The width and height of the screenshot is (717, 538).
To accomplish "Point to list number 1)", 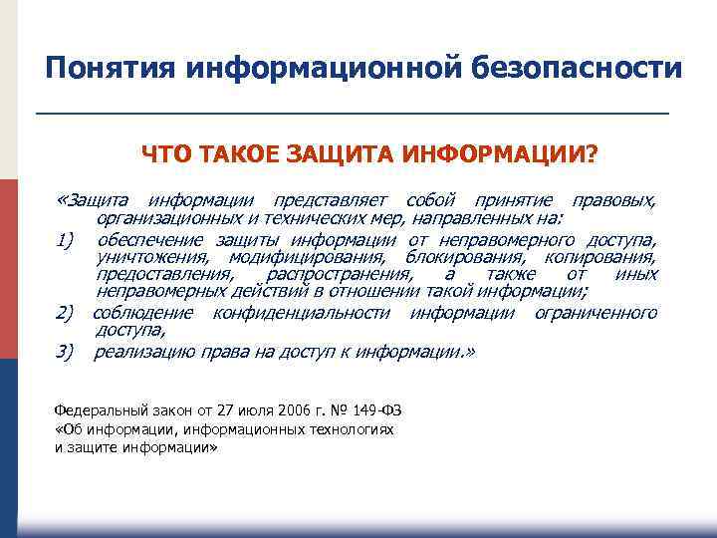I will coord(67,240).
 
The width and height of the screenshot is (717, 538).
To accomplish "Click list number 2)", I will coord(67,314).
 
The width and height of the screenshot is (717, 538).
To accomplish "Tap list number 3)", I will coord(67,352).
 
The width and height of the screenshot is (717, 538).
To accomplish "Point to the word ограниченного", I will coord(596,314).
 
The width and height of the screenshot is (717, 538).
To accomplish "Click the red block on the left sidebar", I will coord(9,269).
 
